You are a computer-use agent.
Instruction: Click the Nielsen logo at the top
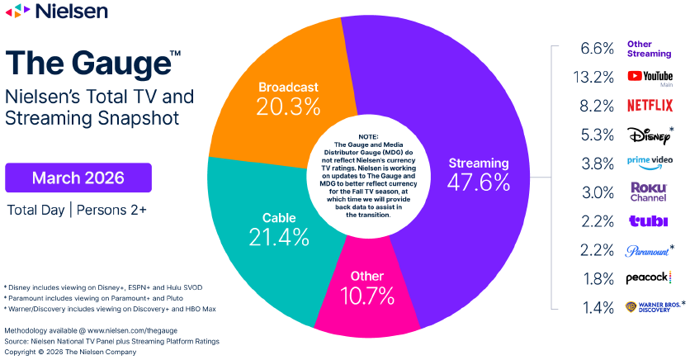pyautogui.click(x=56, y=11)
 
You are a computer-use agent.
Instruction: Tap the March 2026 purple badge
pyautogui.click(x=78, y=178)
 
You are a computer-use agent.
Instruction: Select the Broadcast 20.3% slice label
pyautogui.click(x=288, y=99)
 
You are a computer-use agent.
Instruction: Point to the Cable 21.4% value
pyautogui.click(x=279, y=237)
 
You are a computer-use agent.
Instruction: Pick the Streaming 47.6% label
pyautogui.click(x=479, y=175)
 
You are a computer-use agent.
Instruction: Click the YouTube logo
pyautogui.click(x=650, y=77)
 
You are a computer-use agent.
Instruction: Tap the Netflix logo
pyautogui.click(x=650, y=106)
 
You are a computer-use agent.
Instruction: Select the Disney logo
pyautogui.click(x=650, y=135)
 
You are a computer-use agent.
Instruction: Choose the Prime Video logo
pyautogui.click(x=650, y=163)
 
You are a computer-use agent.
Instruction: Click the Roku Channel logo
pyautogui.click(x=649, y=192)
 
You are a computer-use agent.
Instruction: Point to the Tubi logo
pyautogui.click(x=649, y=221)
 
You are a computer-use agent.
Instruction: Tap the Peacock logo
pyautogui.click(x=649, y=277)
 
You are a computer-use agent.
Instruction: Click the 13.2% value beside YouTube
pyautogui.click(x=593, y=78)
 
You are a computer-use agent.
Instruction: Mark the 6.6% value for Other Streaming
pyautogui.click(x=598, y=49)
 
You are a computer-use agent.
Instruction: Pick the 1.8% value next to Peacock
pyautogui.click(x=598, y=279)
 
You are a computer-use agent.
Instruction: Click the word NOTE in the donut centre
pyautogui.click(x=368, y=137)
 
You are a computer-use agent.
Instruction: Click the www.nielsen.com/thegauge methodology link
pyautogui.click(x=132, y=330)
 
